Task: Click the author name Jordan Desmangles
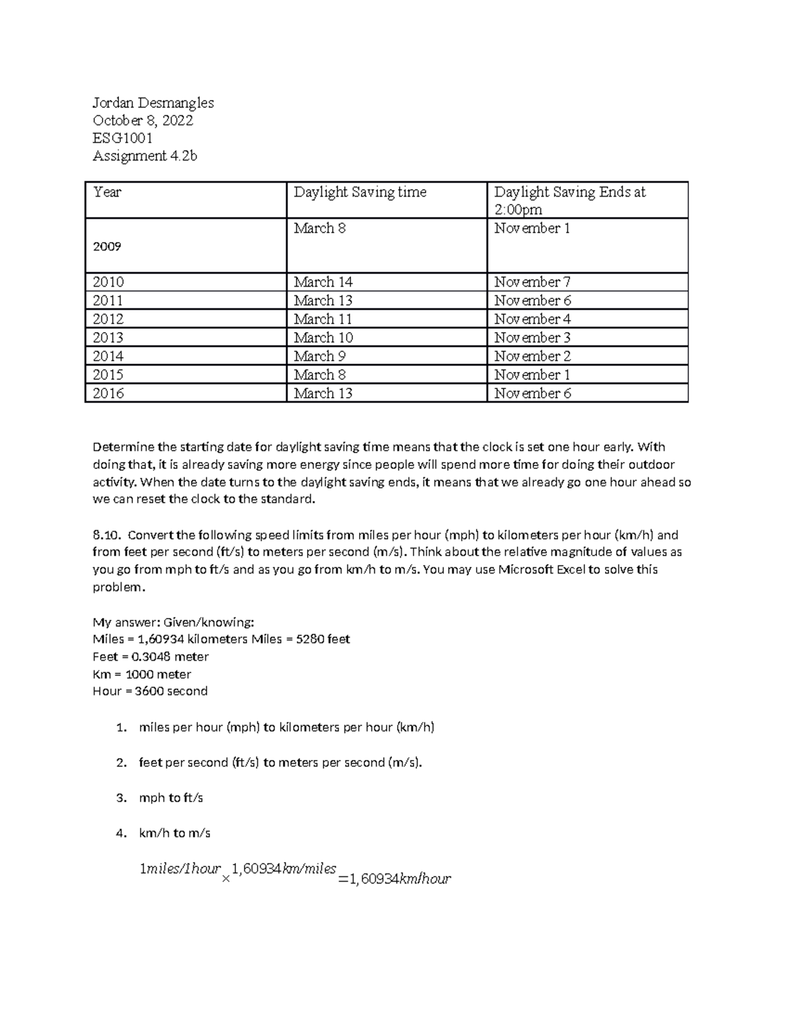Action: tap(153, 103)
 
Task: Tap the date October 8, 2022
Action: tap(143, 120)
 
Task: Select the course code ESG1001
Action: tap(122, 138)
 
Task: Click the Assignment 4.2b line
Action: tap(145, 156)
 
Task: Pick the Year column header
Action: tap(107, 192)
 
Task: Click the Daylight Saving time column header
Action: tap(360, 192)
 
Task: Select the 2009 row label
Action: tap(107, 247)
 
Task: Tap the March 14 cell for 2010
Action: tap(323, 282)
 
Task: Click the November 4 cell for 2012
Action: tap(532, 319)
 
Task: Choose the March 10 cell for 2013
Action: tap(323, 337)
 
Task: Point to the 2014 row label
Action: tap(108, 356)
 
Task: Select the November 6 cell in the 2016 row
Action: tap(532, 393)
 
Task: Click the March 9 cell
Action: tap(320, 356)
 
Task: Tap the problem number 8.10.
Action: tap(107, 534)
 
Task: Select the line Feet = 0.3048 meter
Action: tap(151, 656)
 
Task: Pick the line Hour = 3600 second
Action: tap(150, 691)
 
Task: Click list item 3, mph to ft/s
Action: tap(170, 797)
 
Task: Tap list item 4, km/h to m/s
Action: tap(174, 833)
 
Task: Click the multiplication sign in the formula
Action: tap(226, 878)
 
